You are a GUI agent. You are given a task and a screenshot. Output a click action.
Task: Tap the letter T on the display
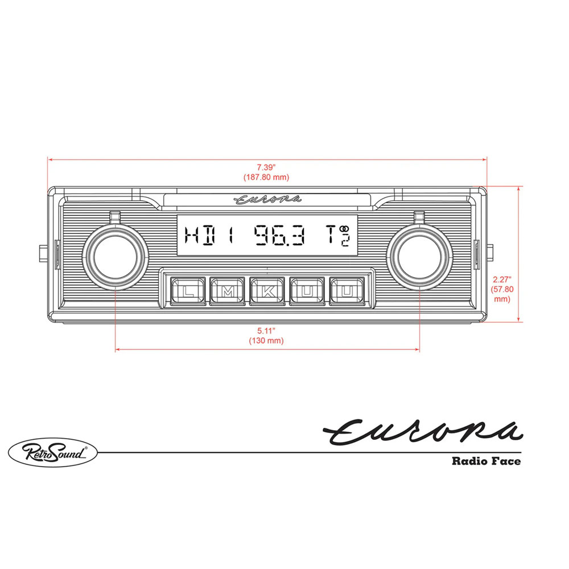point(331,234)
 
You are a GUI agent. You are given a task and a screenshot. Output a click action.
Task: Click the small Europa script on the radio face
point(268,199)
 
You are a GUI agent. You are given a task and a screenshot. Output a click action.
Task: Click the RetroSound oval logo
point(53,453)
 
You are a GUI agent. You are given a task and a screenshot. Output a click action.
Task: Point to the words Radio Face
point(485,461)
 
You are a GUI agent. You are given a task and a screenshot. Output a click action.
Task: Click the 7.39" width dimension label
point(266,167)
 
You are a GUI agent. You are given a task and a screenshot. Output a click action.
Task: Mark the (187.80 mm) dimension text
point(266,177)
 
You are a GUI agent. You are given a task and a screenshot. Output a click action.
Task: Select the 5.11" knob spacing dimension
point(266,331)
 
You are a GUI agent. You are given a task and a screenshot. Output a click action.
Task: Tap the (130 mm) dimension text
point(266,341)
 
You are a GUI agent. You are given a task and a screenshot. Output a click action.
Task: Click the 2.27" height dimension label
point(502,279)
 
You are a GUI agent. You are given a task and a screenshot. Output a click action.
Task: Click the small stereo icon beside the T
point(344,229)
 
